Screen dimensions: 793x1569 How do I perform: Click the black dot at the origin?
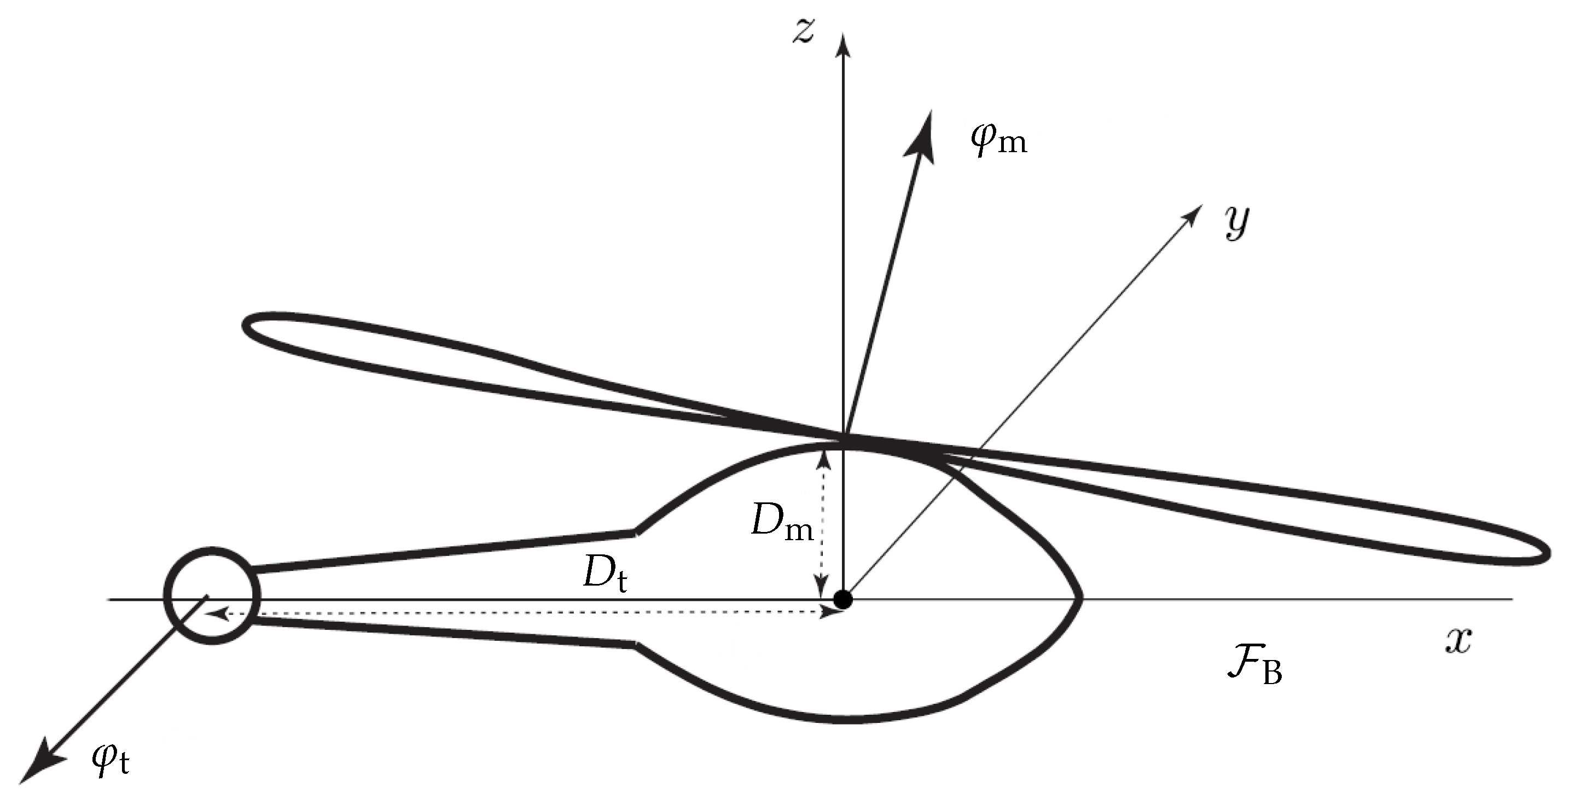(x=843, y=599)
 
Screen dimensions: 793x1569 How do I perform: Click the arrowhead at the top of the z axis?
(x=844, y=44)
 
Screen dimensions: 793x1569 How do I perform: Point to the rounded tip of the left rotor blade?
(x=249, y=323)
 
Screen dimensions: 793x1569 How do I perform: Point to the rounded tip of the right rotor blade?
(x=1544, y=553)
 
